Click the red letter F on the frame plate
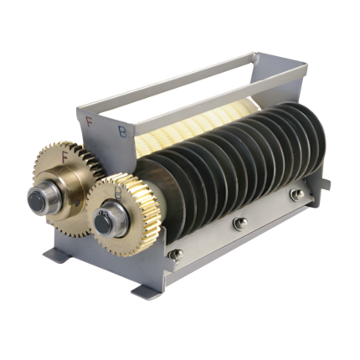89,121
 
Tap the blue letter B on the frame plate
122,131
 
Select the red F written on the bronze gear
65,158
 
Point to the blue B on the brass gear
119,193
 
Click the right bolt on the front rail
294,193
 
